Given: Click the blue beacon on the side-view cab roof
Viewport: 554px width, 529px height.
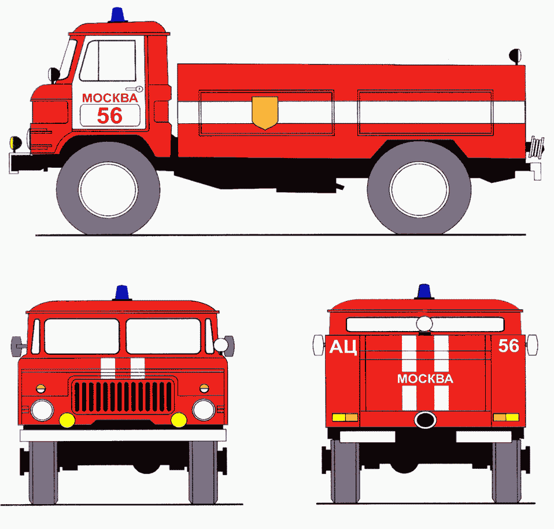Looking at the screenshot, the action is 118,15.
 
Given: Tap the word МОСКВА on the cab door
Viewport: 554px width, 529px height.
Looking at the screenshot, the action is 110,98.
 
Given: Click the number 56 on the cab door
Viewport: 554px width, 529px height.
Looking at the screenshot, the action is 110,116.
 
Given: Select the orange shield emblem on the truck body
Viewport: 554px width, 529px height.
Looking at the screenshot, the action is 265,113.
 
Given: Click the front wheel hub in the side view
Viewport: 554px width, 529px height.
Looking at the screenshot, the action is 108,189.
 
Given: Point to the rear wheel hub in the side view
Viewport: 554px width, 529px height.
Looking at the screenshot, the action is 419,189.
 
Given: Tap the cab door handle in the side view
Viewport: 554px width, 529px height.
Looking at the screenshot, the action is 134,89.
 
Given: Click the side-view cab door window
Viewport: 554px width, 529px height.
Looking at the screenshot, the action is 108,60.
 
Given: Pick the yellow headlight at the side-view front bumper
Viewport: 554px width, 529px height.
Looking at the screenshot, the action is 16,143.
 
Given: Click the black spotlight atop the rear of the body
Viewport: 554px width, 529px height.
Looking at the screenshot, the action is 515,56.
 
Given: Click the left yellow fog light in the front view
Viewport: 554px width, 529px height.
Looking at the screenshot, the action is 67,420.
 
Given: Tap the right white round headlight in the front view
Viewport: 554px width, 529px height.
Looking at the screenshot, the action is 204,410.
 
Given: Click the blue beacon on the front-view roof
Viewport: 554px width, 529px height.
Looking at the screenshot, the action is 122,293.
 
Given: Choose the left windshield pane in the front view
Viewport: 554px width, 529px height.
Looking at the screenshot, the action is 82,336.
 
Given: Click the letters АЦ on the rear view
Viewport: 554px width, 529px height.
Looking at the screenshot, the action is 343,347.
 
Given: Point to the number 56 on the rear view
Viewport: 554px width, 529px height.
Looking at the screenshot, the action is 508,346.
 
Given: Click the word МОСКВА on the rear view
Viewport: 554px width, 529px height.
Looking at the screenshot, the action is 425,379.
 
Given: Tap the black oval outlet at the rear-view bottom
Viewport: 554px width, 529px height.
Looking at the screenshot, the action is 425,420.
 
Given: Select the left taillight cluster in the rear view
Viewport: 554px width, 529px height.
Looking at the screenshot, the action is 345,417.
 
